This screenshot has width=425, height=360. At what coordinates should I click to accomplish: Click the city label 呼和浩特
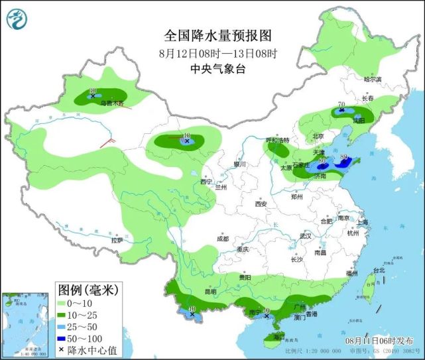point(278,140)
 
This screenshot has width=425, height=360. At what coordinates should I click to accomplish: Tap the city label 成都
point(221,239)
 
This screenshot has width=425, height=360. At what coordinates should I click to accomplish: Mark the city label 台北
point(379,270)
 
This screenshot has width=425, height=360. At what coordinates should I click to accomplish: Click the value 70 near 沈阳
point(340,104)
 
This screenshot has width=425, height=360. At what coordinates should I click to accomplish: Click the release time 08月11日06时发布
point(378,339)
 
